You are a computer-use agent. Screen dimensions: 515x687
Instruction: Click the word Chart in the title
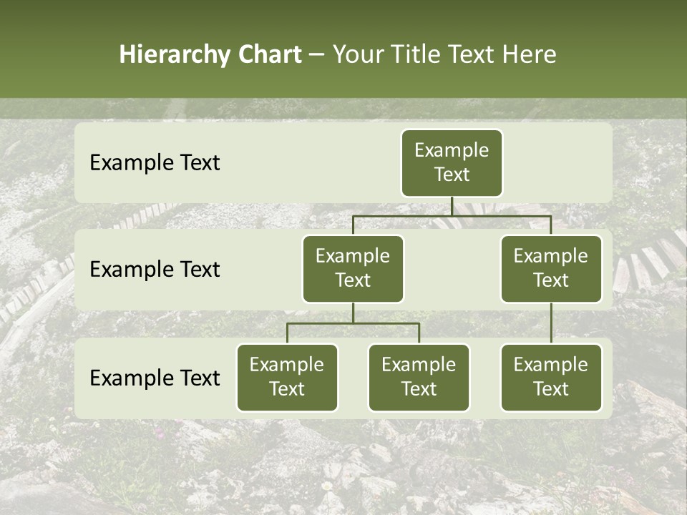(269, 55)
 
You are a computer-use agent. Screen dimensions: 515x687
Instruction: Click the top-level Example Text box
(452, 162)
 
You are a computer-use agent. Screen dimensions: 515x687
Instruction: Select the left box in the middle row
(353, 268)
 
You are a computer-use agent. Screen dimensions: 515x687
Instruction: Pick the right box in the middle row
(551, 268)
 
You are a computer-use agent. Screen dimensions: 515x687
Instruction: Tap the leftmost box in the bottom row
(287, 377)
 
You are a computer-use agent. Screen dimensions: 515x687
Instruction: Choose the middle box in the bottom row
(419, 377)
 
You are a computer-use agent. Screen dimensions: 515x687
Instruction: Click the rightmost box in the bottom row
(551, 377)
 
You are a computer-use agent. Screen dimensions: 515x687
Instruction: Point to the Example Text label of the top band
(155, 163)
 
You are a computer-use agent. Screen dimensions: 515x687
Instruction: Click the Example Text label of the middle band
(155, 270)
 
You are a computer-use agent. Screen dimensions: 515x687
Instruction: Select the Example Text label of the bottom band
(155, 378)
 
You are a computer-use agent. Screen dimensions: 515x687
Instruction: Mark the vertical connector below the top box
(452, 206)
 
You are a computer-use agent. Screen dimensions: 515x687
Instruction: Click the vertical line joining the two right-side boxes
(551, 323)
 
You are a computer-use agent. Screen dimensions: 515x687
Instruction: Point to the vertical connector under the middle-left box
(353, 313)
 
